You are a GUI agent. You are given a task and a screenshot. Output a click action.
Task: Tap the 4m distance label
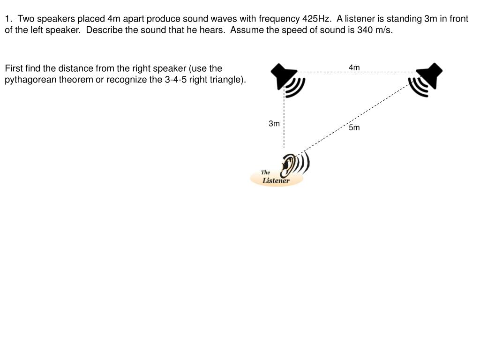pyautogui.click(x=354, y=67)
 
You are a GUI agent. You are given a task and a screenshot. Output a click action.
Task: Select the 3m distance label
pyautogui.click(x=274, y=123)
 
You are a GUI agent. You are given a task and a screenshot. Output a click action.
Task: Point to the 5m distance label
pyautogui.click(x=354, y=127)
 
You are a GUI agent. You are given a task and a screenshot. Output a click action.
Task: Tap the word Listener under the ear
pyautogui.click(x=276, y=180)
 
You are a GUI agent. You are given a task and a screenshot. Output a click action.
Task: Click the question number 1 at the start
pyautogui.click(x=8, y=19)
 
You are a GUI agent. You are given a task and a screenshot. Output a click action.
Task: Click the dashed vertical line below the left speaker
pyautogui.click(x=284, y=122)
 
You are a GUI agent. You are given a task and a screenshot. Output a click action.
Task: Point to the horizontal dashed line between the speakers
pyautogui.click(x=328, y=72)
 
